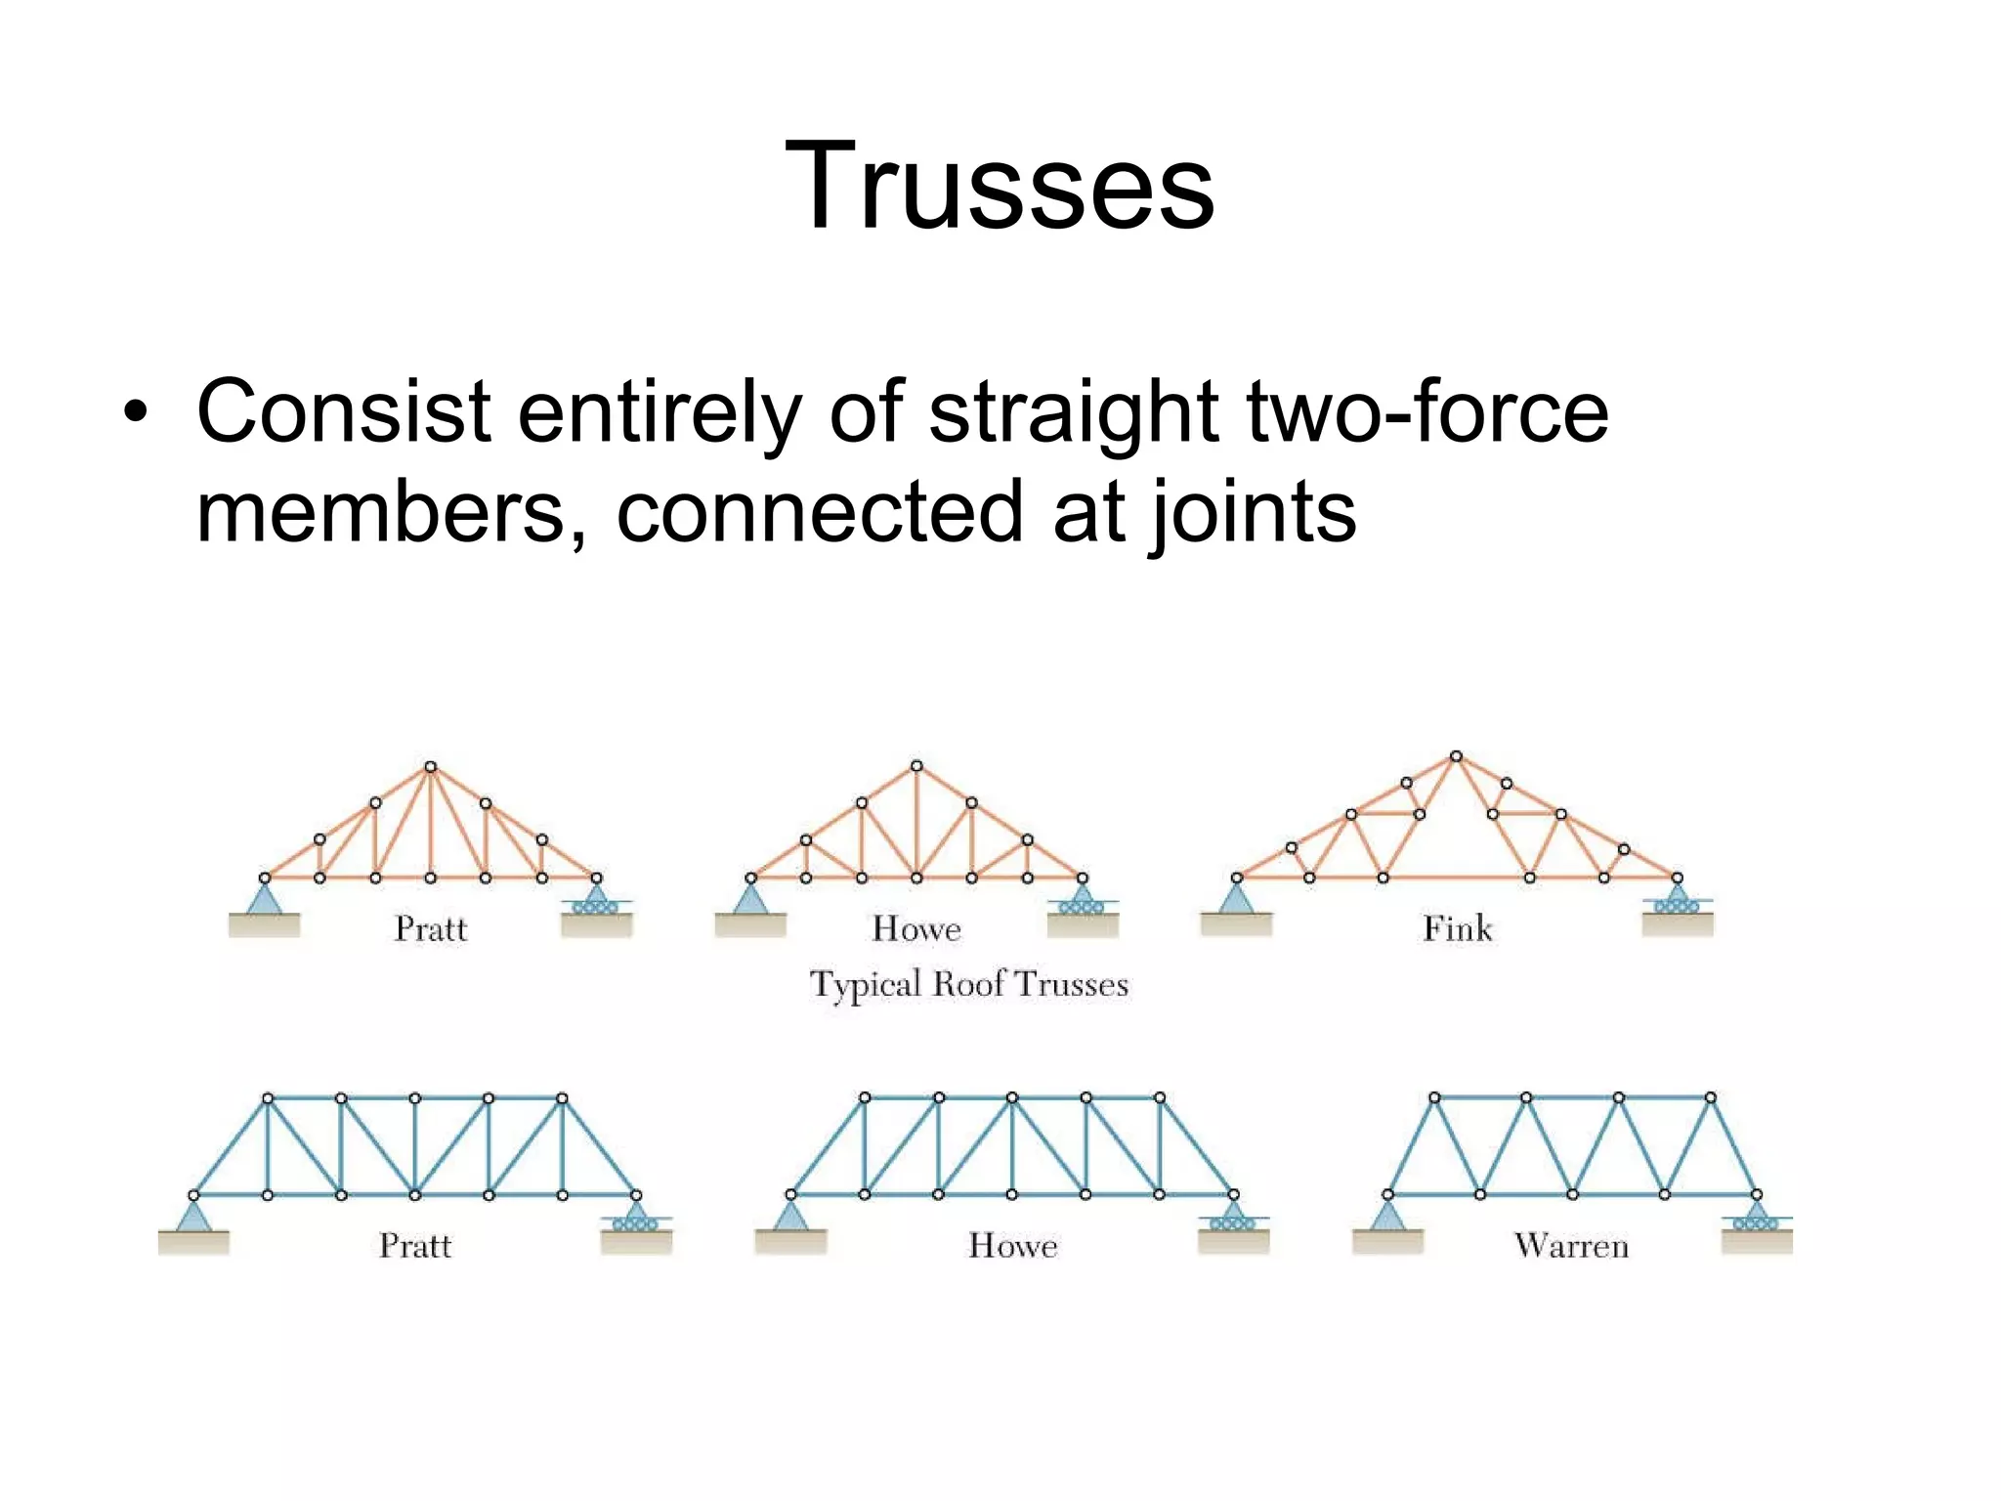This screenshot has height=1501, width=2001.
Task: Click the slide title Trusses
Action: click(1000, 186)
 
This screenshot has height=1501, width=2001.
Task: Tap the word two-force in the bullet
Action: click(1427, 412)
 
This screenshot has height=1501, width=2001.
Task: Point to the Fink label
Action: click(1457, 928)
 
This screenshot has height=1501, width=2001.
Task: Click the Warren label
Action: click(1571, 1246)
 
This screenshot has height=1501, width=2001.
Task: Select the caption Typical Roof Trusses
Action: click(968, 984)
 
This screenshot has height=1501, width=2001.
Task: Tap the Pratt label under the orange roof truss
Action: click(431, 928)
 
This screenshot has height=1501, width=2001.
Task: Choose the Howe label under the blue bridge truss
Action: click(1012, 1246)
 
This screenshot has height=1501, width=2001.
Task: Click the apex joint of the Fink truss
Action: click(1456, 756)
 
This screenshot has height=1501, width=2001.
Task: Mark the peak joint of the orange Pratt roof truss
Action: click(430, 767)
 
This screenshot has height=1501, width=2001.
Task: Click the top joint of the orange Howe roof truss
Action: click(916, 766)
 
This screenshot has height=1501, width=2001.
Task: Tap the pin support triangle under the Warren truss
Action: click(1387, 1217)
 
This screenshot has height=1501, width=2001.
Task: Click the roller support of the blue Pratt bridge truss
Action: click(636, 1217)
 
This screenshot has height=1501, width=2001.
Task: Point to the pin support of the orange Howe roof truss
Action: click(750, 899)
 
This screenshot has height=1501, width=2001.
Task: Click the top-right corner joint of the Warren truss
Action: click(1710, 1098)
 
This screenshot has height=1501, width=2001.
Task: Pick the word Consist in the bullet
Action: click(343, 412)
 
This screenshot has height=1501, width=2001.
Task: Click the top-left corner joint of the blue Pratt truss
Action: click(268, 1098)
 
